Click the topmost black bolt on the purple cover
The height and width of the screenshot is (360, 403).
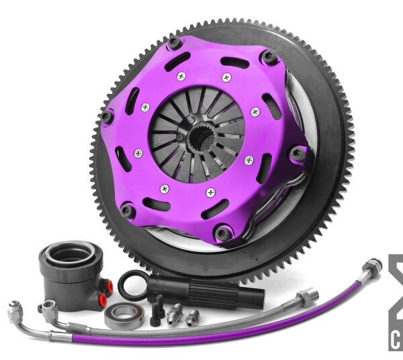click(x=175, y=42)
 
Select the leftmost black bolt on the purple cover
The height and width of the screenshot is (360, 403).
click(x=106, y=116)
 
